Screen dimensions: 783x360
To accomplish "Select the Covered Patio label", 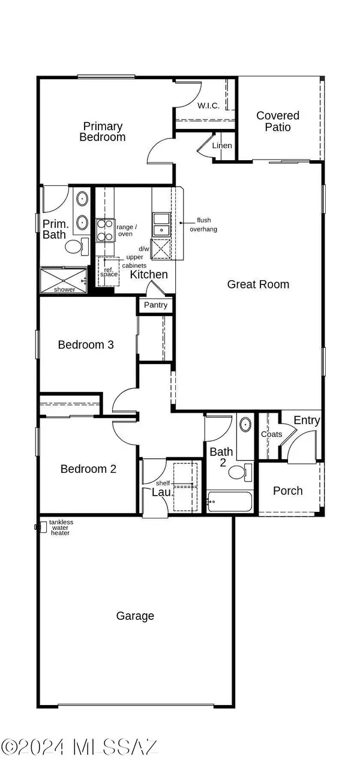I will click(x=277, y=121).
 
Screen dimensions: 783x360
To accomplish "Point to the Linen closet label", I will click(x=223, y=146).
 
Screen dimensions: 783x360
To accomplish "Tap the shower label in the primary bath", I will click(x=64, y=289).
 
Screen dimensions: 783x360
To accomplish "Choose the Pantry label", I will click(x=156, y=305).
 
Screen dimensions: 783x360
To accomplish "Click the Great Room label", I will click(x=258, y=284).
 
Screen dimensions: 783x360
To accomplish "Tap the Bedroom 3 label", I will click(x=86, y=345).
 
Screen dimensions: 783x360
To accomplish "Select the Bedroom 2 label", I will click(x=88, y=469).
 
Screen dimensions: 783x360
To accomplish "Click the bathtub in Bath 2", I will click(x=230, y=501).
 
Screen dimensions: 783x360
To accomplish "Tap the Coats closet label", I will click(x=271, y=434).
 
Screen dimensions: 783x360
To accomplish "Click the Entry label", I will click(x=307, y=421).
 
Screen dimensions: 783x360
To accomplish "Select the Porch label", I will click(x=287, y=491).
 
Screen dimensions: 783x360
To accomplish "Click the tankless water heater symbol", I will click(x=42, y=527).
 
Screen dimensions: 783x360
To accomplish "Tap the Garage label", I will click(x=135, y=616).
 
